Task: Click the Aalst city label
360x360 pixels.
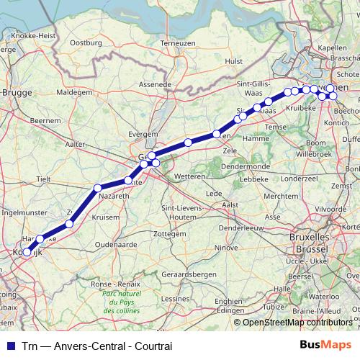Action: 230,204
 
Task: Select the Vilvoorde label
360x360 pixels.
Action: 341,208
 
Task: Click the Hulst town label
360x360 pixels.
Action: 233,62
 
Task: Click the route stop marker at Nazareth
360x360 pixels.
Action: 97,189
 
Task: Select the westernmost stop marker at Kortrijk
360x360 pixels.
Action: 27,253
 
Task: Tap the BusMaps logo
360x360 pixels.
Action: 326,345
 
